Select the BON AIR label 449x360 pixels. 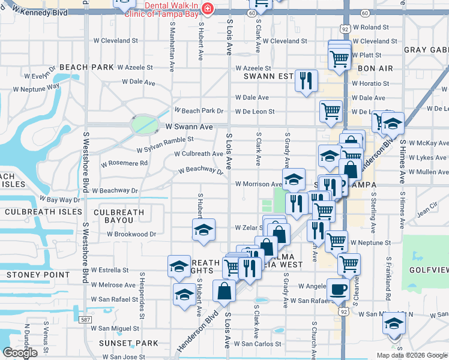tap(375, 68)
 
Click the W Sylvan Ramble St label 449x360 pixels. tap(164, 140)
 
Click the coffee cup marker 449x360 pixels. tap(338, 289)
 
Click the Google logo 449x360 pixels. tap(20, 353)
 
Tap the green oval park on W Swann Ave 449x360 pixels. tap(145, 125)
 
